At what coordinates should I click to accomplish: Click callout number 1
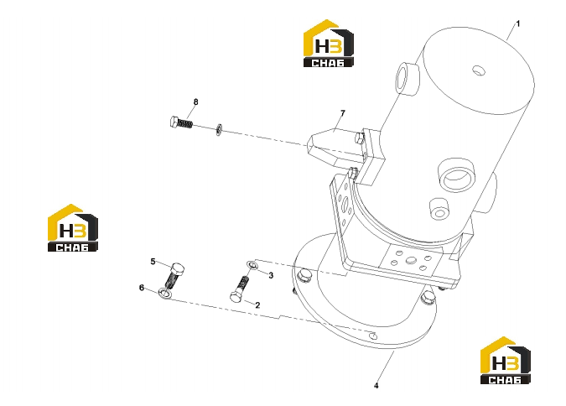point(518,23)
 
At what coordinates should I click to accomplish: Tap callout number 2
point(257,305)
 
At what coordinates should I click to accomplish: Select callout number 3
point(271,276)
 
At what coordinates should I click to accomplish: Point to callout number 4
point(376,386)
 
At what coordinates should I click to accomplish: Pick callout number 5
point(153,262)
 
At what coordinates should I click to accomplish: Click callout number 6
point(142,288)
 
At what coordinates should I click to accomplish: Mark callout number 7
point(343,113)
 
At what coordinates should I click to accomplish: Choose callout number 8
point(195,101)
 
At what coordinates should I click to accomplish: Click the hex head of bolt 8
point(174,122)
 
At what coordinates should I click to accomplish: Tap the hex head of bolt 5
point(177,268)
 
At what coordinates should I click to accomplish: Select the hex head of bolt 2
point(236,297)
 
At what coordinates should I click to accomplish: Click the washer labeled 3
point(252,266)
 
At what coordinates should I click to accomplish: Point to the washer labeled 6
point(165,293)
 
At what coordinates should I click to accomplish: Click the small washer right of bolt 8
point(219,130)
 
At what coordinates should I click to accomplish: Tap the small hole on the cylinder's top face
point(479,70)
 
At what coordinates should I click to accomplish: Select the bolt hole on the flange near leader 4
point(374,336)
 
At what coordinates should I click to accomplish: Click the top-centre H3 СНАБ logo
point(328,44)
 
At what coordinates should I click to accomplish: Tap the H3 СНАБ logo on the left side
point(73,228)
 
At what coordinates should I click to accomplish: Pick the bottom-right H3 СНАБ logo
point(505,360)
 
